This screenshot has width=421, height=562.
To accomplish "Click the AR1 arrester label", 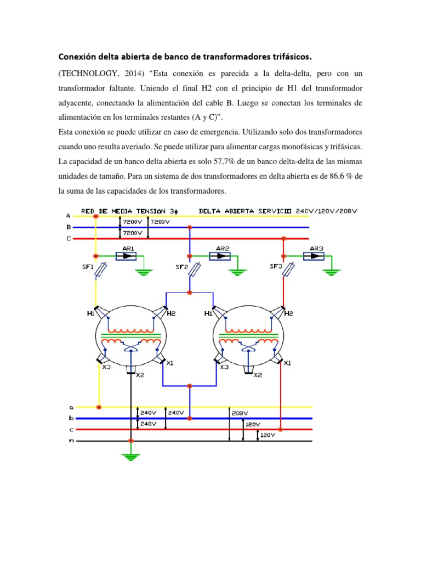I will click(128, 248).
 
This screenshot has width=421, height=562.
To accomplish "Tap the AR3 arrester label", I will click(316, 248).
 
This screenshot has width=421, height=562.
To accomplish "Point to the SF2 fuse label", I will click(181, 267).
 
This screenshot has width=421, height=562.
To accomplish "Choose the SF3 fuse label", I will click(276, 267).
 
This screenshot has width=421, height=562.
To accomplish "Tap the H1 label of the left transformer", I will click(90, 314).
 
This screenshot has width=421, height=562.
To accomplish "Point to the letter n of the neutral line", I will click(71, 440).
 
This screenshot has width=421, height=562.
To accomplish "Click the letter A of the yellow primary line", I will click(68, 215).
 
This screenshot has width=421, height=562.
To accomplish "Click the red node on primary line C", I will click(283, 239).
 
